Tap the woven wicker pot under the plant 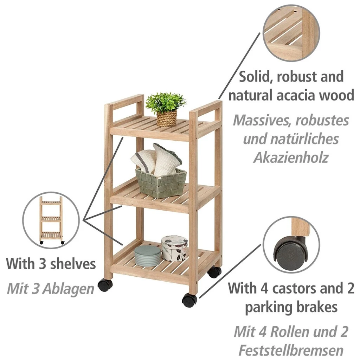pyautogui.click(x=167, y=119)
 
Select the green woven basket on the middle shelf pyautogui.click(x=161, y=184)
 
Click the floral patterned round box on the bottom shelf pyautogui.click(x=174, y=248)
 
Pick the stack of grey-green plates pyautogui.click(x=148, y=256)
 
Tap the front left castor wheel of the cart pyautogui.click(x=105, y=285)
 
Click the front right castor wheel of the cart pyautogui.click(x=189, y=300)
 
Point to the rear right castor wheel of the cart pyautogui.click(x=214, y=272)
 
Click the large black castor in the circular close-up pyautogui.click(x=291, y=252)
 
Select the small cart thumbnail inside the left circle pyautogui.click(x=51, y=220)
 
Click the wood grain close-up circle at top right pyautogui.click(x=291, y=33)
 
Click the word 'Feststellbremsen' pyautogui.click(x=291, y=350)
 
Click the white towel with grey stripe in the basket pyautogui.click(x=144, y=161)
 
